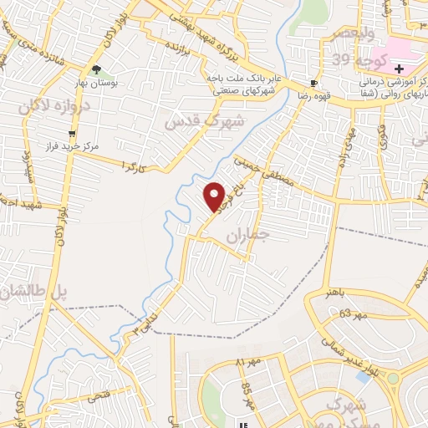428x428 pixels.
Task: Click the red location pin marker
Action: click(x=215, y=196)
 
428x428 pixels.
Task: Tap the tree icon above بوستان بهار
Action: click(x=98, y=70)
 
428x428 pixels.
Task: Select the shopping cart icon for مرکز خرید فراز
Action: click(x=73, y=132)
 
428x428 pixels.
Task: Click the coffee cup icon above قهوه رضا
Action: click(x=313, y=83)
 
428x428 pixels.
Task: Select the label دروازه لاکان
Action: click(x=48, y=109)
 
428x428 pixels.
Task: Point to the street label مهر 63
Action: click(x=354, y=316)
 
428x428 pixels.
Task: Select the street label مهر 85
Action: click(x=248, y=391)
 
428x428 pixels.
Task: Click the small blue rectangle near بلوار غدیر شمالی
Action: click(x=362, y=377)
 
